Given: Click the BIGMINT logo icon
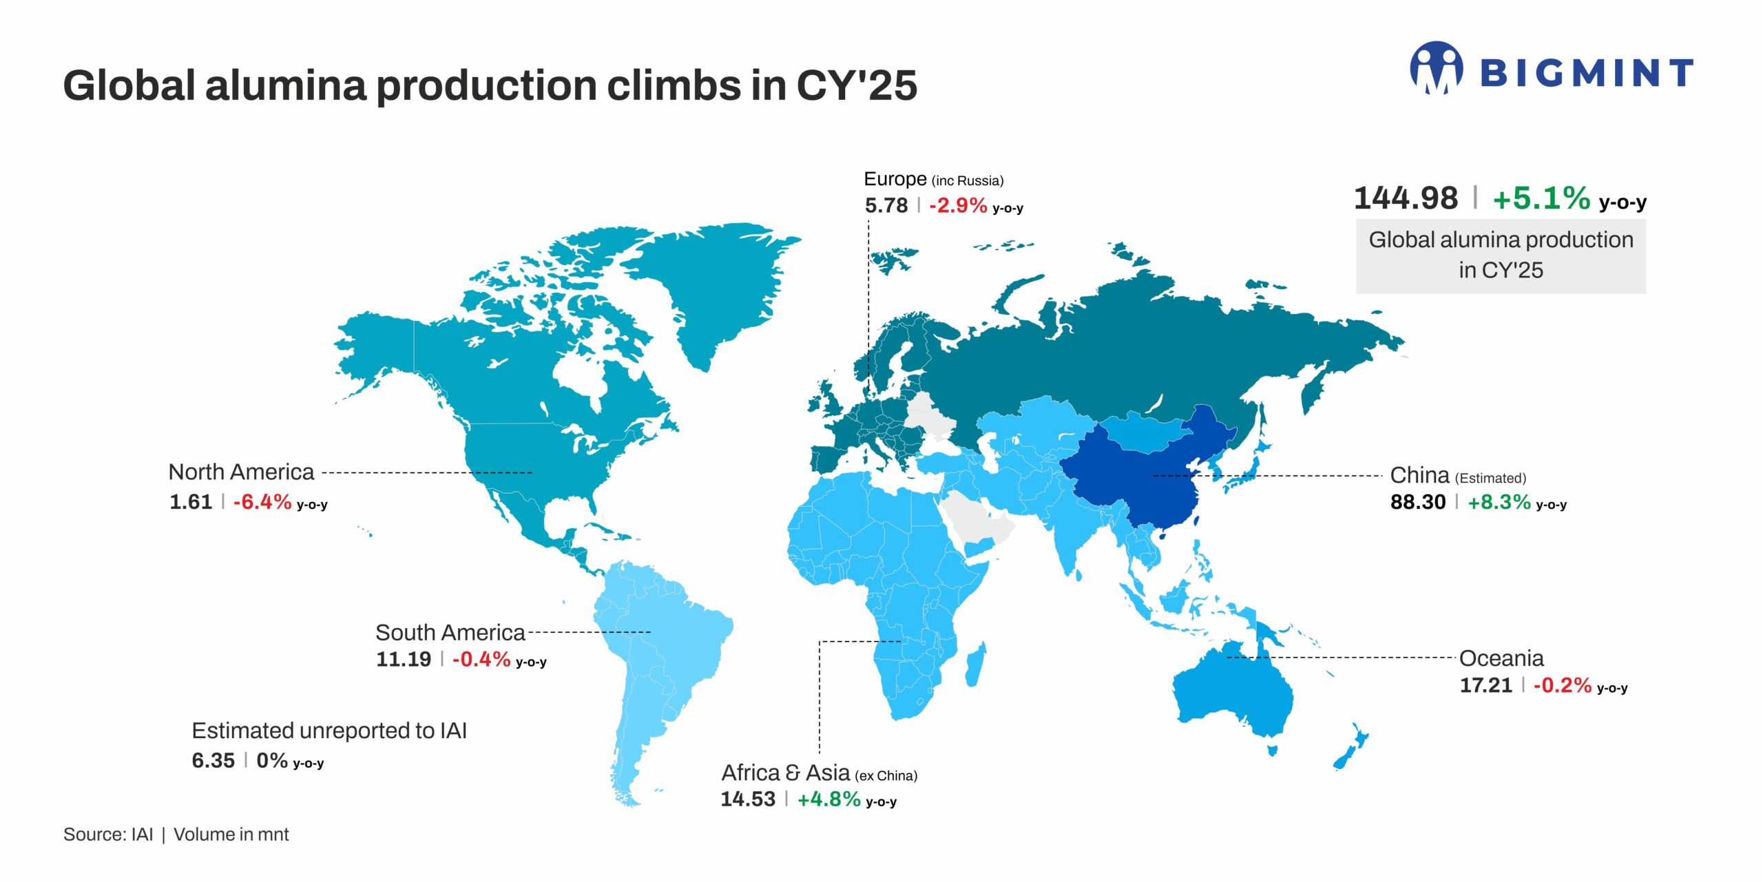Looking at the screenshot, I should (1437, 67).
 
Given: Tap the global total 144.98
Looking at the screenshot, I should (1406, 198).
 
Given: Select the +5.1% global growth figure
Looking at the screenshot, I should (1541, 198).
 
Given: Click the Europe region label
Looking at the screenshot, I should (895, 179).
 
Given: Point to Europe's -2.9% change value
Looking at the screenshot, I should (957, 205).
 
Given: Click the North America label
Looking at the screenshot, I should (241, 472).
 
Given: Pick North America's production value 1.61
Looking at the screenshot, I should (191, 502).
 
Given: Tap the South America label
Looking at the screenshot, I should (450, 632).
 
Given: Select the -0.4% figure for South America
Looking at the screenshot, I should (481, 660).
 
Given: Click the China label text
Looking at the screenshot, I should (1419, 475).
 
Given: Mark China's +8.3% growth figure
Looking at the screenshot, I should (1499, 502).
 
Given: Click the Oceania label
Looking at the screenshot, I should (1501, 658).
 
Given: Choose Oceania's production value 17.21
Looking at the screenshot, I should (1485, 686).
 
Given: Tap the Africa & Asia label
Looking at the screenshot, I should (785, 773).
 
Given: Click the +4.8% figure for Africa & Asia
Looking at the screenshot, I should (828, 799).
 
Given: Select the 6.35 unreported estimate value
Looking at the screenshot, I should (213, 761).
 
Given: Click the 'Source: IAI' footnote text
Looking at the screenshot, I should (108, 834).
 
